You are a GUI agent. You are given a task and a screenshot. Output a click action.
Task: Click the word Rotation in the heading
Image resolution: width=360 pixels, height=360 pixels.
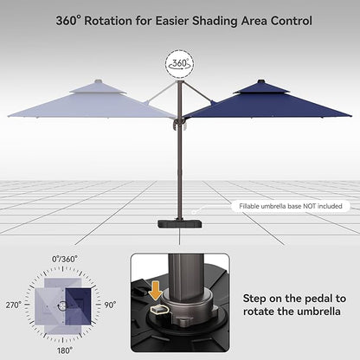(119, 19)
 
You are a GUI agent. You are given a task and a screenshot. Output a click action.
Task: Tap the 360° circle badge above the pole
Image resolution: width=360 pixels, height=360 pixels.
(179, 62)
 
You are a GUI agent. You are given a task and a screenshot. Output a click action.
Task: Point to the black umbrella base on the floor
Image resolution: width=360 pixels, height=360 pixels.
(179, 224)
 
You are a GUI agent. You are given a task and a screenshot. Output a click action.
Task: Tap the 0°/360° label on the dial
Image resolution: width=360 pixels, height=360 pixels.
(65, 259)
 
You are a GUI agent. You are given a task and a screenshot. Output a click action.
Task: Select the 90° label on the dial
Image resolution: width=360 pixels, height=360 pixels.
(111, 305)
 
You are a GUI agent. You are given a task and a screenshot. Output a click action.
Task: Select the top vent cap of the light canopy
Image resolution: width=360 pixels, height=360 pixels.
(98, 87)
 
